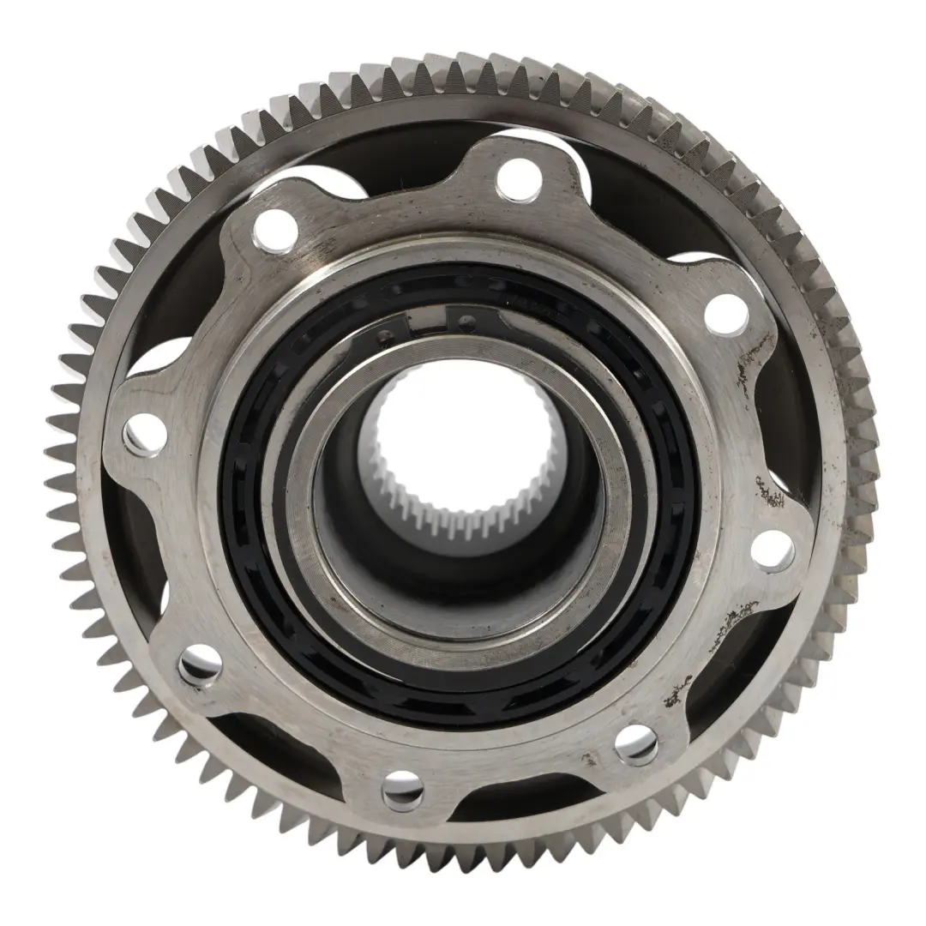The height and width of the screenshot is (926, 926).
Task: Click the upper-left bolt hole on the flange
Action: coord(274,228)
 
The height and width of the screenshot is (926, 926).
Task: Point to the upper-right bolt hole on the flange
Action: coord(725,314)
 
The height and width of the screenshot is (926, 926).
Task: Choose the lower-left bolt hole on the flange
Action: coord(199,664)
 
